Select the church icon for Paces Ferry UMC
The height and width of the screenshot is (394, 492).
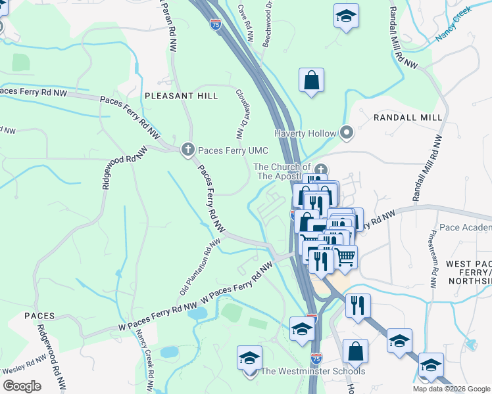(x=187, y=150)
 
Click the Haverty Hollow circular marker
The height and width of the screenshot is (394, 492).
(x=347, y=133)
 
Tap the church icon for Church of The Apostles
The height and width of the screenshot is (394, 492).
(x=320, y=168)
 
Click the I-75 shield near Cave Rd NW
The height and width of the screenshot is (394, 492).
(x=216, y=24)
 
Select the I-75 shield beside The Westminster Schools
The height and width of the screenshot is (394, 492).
(x=316, y=359)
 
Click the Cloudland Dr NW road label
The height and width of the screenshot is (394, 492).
(x=240, y=115)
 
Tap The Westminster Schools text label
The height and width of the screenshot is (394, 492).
(x=313, y=372)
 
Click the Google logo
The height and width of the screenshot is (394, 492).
(x=22, y=385)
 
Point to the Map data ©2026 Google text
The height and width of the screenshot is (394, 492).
(x=451, y=389)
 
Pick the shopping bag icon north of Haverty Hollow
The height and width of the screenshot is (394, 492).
(x=312, y=81)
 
